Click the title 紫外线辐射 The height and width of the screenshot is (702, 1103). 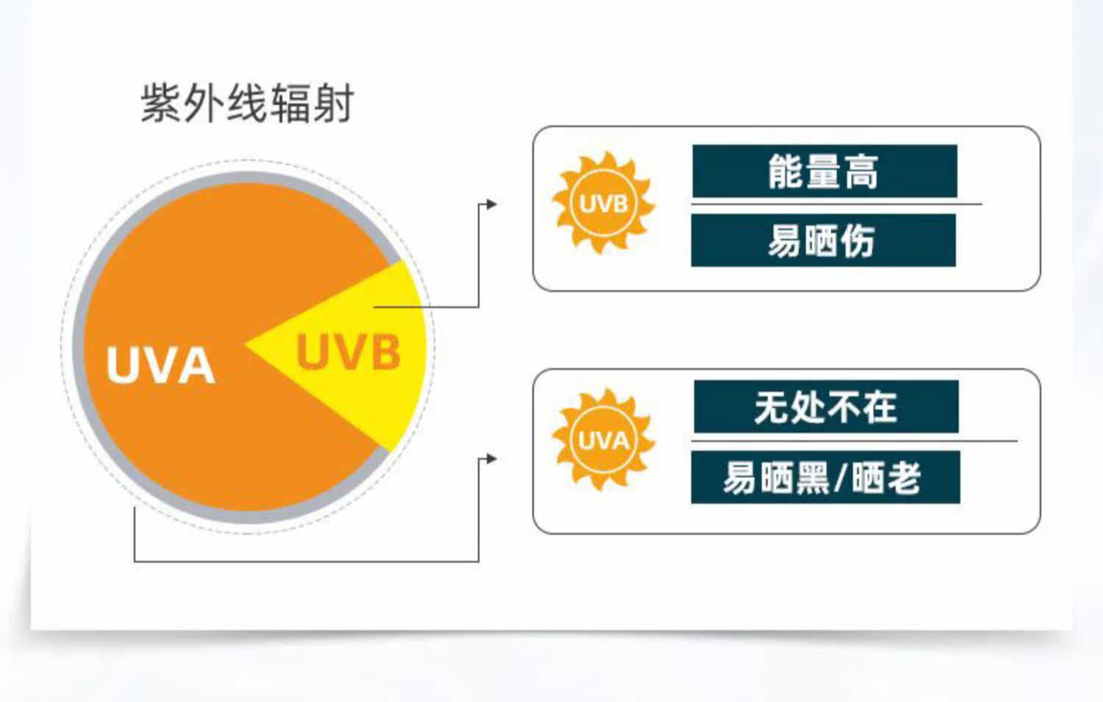(x=247, y=103)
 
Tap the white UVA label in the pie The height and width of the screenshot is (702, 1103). (x=160, y=365)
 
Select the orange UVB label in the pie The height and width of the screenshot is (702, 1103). (x=349, y=352)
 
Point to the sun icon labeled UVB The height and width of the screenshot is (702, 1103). (x=603, y=203)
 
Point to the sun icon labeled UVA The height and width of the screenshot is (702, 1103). (x=603, y=440)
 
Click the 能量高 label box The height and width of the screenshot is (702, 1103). (x=824, y=171)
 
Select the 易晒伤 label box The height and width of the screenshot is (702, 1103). (x=823, y=241)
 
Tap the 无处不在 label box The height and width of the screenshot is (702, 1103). (x=826, y=407)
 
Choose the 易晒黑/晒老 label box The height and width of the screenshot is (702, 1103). (x=825, y=478)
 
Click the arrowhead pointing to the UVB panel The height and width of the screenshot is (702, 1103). (x=492, y=204)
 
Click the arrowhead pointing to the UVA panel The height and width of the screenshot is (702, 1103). (x=492, y=459)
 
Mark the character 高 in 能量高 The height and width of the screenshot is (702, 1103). (x=861, y=172)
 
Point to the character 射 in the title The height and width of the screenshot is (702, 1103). (x=335, y=103)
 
